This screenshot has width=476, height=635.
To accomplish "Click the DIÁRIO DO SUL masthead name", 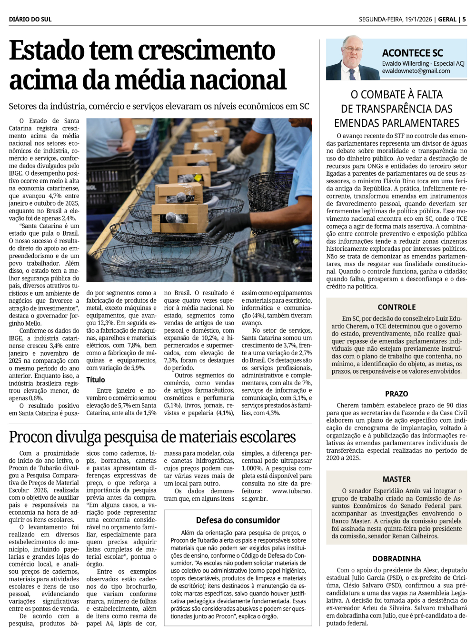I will coord(30,20).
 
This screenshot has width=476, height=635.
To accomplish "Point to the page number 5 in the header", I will coord(464,20).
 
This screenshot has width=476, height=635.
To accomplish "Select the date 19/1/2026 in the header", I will coord(418,20).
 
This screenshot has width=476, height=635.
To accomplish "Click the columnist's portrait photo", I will coord(352,58).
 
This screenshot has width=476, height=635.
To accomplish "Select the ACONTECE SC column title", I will coord(412,53).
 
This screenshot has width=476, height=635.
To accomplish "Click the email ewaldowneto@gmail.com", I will coord(416,71).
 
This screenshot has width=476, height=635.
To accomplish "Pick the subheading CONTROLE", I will coord(397,307).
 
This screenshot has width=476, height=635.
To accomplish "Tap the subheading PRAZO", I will coord(397,394).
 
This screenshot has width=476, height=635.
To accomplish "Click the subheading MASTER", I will coord(397,479).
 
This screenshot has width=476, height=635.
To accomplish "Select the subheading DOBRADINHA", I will coord(397,559).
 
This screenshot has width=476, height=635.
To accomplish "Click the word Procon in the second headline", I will coord(31,437).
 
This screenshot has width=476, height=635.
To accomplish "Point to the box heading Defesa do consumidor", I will coord(238,520).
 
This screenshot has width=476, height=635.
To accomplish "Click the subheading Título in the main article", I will coord(96,380).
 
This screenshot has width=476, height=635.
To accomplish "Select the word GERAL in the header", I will coord(447,20).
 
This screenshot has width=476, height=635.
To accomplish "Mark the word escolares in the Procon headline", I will coord(268,437).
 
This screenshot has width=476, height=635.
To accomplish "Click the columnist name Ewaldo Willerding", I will coord(405,63).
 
